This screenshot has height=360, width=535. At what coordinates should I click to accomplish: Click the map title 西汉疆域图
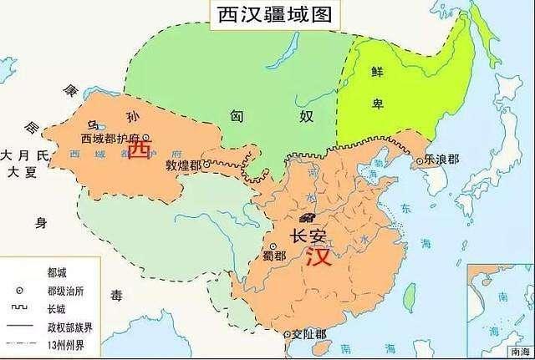(x=268, y=14)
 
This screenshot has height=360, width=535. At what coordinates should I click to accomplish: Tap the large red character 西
(x=143, y=150)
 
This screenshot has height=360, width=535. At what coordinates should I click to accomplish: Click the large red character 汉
(x=318, y=256)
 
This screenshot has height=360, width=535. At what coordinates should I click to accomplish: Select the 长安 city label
(x=309, y=236)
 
